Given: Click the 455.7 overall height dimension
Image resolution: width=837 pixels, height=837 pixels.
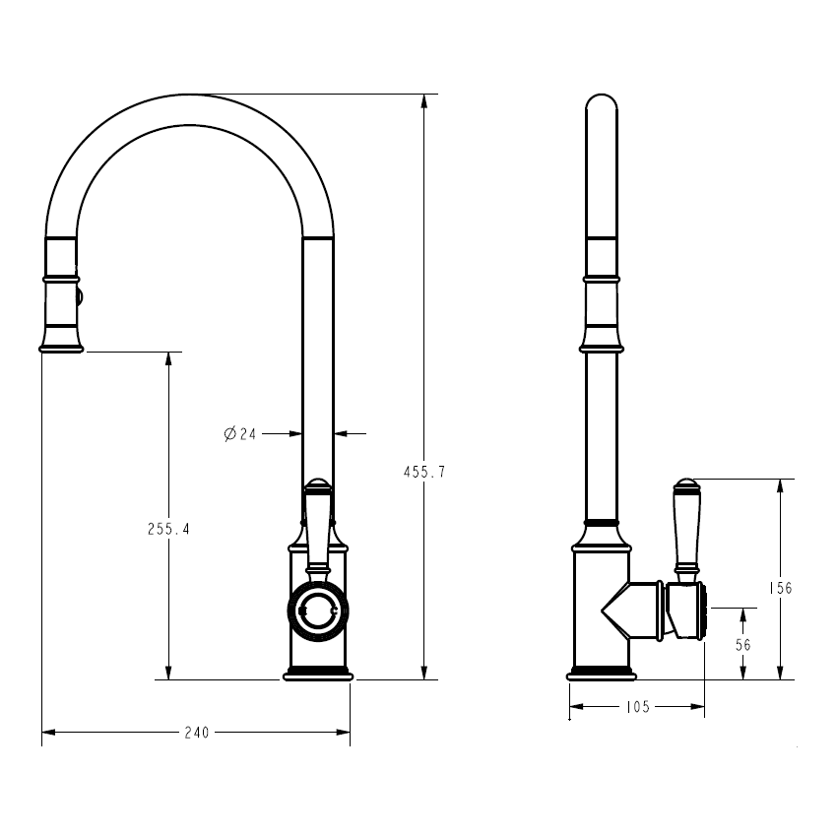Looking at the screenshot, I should coord(423,472).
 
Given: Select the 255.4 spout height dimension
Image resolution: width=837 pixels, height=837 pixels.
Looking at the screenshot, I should coord(168,529).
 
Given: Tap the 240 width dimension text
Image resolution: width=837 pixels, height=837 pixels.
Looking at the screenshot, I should coord(197,733).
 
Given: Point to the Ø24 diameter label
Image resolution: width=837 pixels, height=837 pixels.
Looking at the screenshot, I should coord(239,433).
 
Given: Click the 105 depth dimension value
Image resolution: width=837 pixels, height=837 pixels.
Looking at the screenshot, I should coord(637,706).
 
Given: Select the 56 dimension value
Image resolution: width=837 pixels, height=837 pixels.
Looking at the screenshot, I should coord(743,645).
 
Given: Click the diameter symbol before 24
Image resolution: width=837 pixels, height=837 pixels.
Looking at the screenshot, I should coord(228,433).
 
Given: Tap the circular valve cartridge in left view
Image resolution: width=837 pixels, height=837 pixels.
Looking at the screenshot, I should coord(317,612).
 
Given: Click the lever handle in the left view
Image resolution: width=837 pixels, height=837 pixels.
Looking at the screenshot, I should coord(317,527).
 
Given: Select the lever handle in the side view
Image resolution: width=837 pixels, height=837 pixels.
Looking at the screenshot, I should coord(685,527).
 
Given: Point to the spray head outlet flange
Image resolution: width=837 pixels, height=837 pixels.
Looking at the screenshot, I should coord(61,346).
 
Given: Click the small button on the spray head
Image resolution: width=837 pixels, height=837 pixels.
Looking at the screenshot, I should coord(82,294).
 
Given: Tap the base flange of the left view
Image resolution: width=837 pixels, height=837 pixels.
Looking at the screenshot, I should coord(317,675).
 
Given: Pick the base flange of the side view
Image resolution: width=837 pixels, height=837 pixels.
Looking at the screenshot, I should coord(601,675).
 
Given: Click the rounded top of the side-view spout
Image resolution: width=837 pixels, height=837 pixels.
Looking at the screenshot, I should coord(601,103).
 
